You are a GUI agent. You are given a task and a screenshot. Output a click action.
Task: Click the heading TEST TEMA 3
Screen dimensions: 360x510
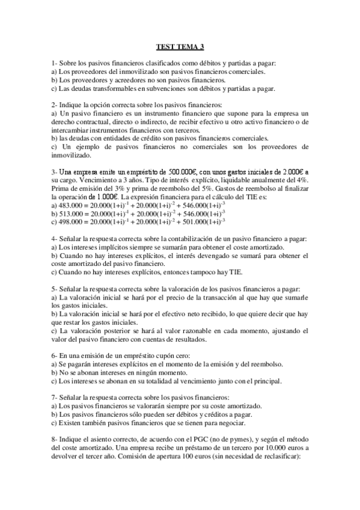pyautogui.click(x=180, y=46)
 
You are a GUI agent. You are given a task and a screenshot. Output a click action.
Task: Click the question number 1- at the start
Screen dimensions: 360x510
pyautogui.click(x=55, y=63)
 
